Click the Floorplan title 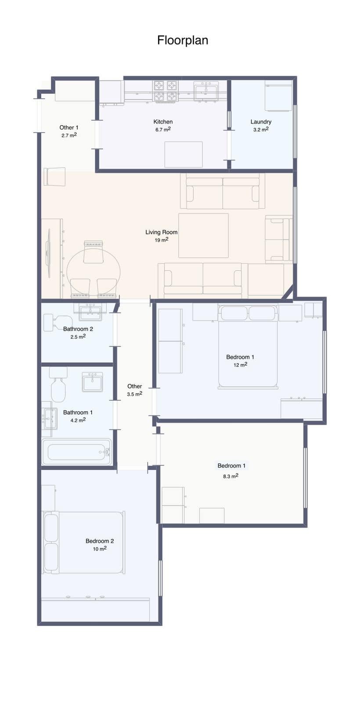pyautogui.click(x=183, y=40)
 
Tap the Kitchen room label pyautogui.click(x=163, y=122)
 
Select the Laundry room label pyautogui.click(x=261, y=122)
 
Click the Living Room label pyautogui.click(x=162, y=232)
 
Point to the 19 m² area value pyautogui.click(x=162, y=240)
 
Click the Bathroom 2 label pyautogui.click(x=78, y=329)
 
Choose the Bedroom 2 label pyautogui.click(x=100, y=541)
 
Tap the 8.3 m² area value pyautogui.click(x=231, y=476)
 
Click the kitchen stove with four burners pyautogui.click(x=166, y=91)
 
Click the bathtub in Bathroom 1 pyautogui.click(x=77, y=451)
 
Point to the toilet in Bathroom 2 pyautogui.click(x=58, y=322)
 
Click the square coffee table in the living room pyautogui.click(x=203, y=235)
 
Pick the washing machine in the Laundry pyautogui.click(x=278, y=96)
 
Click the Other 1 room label pyautogui.click(x=69, y=128)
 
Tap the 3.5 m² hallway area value pyautogui.click(x=134, y=394)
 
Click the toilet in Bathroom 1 pyautogui.click(x=58, y=384)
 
